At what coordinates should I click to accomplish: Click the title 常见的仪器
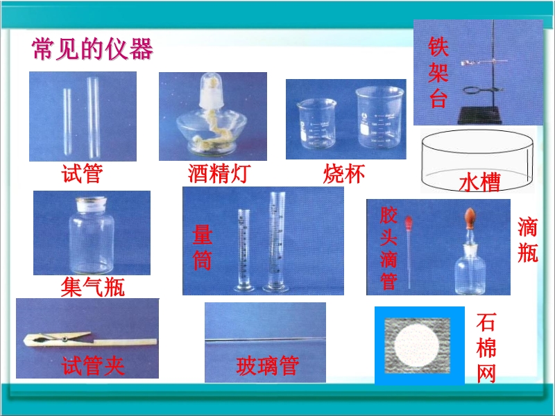coord(92,49)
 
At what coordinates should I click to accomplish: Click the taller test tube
coord(94,118)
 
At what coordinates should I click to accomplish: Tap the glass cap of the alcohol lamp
coord(211,89)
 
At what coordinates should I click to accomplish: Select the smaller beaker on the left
coord(316,123)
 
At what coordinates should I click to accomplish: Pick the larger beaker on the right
coord(379,117)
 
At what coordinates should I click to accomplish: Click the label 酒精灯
coord(219,173)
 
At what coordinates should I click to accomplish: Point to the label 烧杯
coord(344,174)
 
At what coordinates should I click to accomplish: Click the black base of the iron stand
coord(479,115)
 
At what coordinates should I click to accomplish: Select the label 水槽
coord(479,182)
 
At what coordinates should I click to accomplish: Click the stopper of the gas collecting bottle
coord(92,205)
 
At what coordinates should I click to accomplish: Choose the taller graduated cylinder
coord(276,242)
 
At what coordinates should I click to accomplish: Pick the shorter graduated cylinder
coord(244,250)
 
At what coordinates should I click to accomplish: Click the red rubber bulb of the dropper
coord(409,223)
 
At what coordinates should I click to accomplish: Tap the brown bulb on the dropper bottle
coord(470,218)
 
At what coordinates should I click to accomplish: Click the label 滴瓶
coord(527,240)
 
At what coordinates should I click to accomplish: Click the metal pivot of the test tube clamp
coord(65,339)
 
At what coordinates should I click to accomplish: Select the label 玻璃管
coord(268,366)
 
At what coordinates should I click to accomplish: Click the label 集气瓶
coord(93,286)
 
